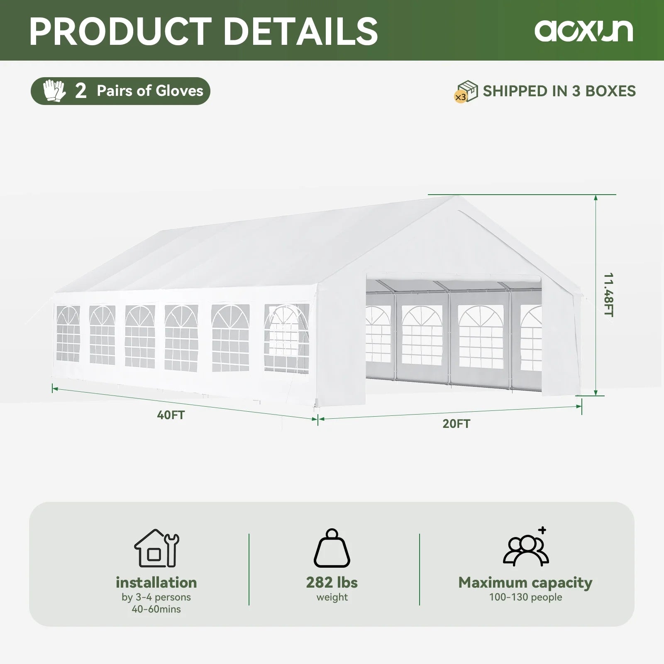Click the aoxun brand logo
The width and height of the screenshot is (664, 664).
(583, 30)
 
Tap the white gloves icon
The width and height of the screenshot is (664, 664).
(54, 91)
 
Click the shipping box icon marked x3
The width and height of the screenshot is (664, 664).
(466, 91)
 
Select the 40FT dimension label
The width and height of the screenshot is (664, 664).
(171, 415)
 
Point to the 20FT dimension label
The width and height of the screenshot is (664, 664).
(456, 424)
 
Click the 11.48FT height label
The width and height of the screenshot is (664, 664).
(608, 295)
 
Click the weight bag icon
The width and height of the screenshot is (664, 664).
(332, 549)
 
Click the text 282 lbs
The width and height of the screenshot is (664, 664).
(332, 582)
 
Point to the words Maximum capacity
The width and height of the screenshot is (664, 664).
(525, 582)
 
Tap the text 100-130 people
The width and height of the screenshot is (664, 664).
(525, 597)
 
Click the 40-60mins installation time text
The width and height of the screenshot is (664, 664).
(156, 609)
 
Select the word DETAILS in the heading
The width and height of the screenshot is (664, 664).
(301, 31)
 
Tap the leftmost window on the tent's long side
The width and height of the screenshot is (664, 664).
(68, 334)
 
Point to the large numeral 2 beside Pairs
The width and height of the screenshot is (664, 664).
(81, 91)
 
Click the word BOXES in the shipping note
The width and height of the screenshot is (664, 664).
(610, 91)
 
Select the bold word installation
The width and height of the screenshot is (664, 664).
(156, 582)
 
